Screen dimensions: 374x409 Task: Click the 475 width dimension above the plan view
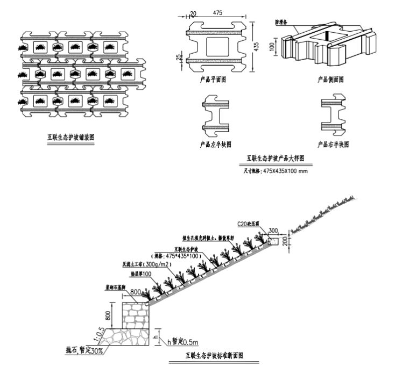pyautogui.click(x=217, y=12)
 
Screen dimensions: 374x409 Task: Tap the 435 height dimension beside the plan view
pyautogui.click(x=257, y=47)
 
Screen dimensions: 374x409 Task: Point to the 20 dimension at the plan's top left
pyautogui.click(x=193, y=12)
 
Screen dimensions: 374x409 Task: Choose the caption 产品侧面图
pyautogui.click(x=330, y=80)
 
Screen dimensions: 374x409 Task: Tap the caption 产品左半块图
pyautogui.click(x=215, y=145)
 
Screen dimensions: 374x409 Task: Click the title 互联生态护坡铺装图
pyautogui.click(x=70, y=137)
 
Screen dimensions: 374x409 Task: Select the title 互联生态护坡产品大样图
pyautogui.click(x=276, y=159)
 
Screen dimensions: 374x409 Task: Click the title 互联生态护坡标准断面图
pyautogui.click(x=214, y=355)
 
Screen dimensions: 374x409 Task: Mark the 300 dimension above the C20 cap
pyautogui.click(x=273, y=231)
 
